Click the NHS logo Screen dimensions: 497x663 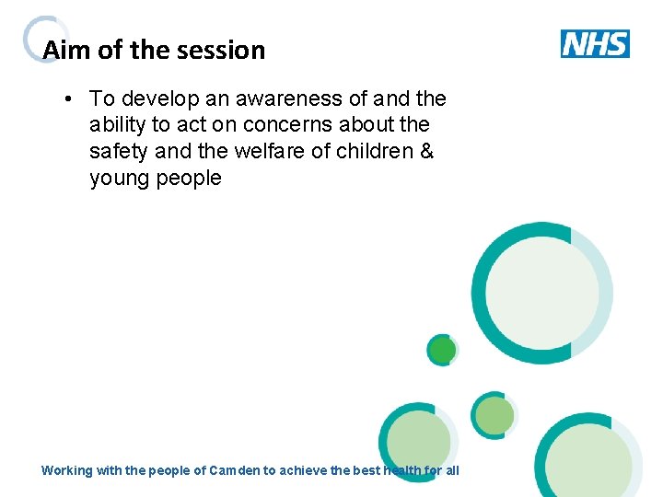click(x=595, y=43)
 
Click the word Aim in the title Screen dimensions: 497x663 click(x=63, y=50)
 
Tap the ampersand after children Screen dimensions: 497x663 click(x=425, y=151)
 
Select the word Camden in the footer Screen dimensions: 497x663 click(x=235, y=470)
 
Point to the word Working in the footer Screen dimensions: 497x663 click(x=67, y=470)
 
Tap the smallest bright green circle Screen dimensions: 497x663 click(x=443, y=350)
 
